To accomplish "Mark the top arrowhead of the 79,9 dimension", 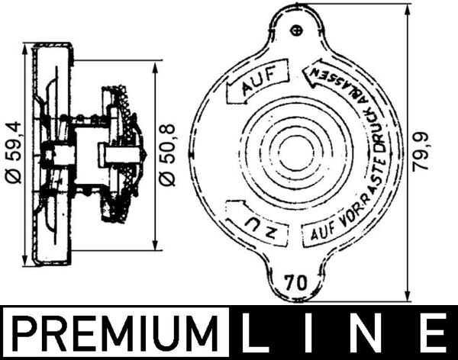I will [x=411, y=9].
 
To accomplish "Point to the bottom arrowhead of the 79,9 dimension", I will [x=411, y=298].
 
